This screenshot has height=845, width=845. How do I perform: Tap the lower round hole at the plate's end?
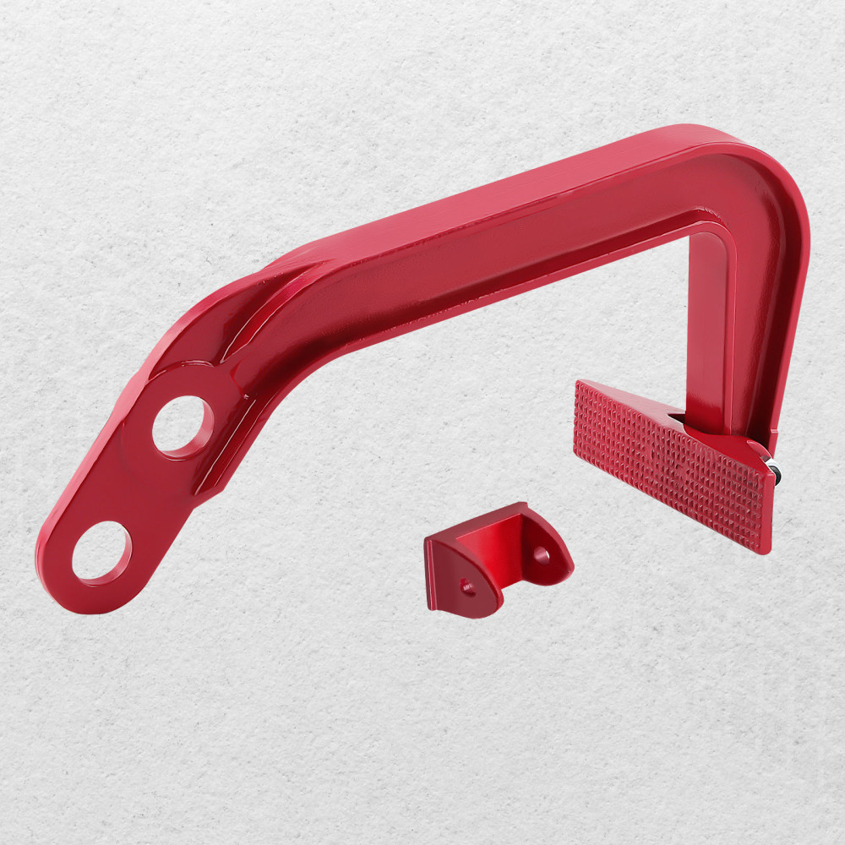pyautogui.click(x=101, y=552)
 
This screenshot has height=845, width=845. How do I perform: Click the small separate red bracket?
pyautogui.click(x=499, y=557)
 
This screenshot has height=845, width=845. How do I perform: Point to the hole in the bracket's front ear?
pyautogui.click(x=467, y=585)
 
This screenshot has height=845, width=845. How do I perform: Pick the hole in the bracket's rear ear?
pyautogui.click(x=541, y=554)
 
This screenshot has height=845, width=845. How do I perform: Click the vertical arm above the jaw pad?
pyautogui.click(x=710, y=330)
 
